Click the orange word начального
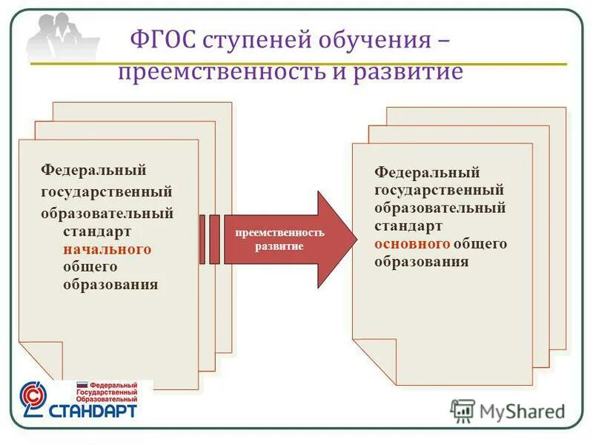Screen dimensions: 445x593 point(107,249)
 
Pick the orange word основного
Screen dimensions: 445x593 point(412,243)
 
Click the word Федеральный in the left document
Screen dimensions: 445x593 point(93,171)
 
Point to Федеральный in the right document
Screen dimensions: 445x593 point(427,172)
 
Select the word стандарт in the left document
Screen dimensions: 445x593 point(94,231)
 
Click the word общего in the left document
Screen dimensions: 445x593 point(90,267)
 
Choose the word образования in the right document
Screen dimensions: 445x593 point(421,262)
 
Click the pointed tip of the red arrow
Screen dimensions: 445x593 point(353,239)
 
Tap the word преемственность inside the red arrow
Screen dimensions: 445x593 point(279,232)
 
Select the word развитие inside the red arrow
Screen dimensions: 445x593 point(279,245)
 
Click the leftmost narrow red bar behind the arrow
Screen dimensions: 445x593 point(203,239)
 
